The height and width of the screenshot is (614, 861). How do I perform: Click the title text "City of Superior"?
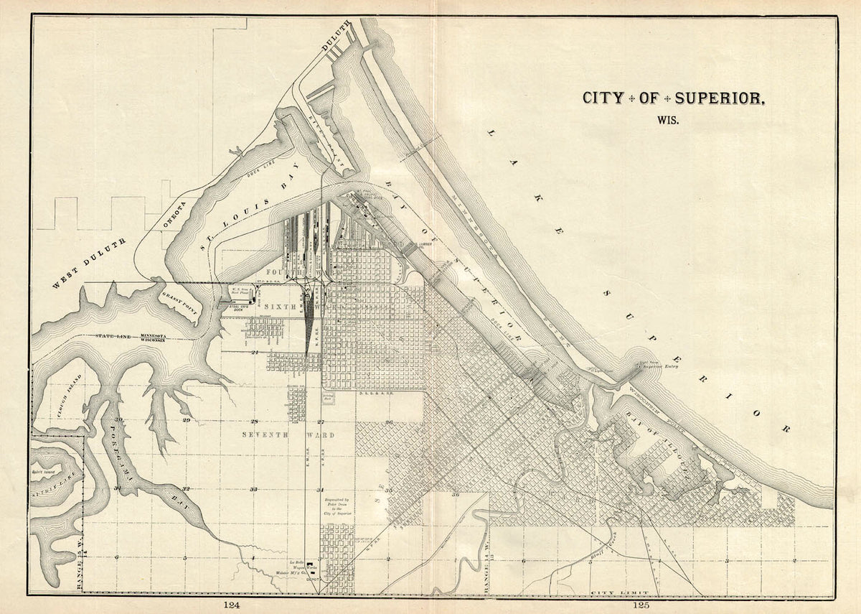pos(673,98)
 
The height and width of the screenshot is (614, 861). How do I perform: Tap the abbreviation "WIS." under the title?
pos(667,120)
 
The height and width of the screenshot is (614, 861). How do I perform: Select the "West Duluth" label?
pos(89,263)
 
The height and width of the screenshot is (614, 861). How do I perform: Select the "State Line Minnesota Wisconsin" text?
pos(133,338)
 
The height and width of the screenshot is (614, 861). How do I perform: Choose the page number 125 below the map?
pos(640,605)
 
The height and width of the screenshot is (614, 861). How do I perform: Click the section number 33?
pos(253,489)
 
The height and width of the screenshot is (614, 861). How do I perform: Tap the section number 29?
pos(186,420)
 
